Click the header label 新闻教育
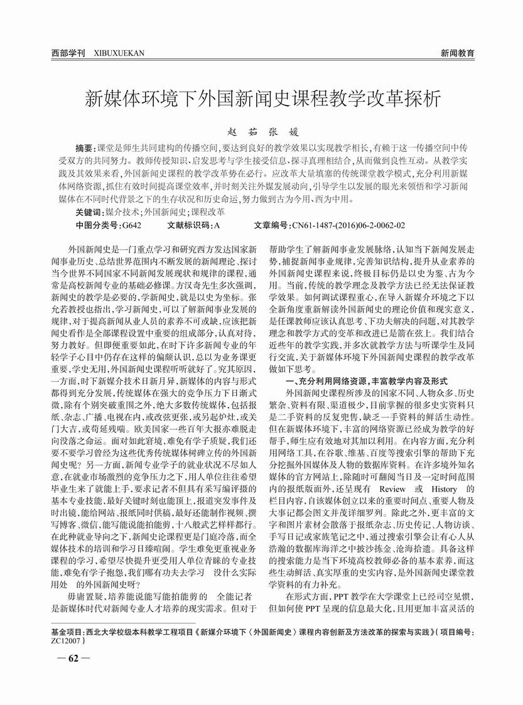(x=456, y=53)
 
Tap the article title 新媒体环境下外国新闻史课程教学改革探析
(x=262, y=99)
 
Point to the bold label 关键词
(x=89, y=212)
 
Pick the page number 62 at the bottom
(x=73, y=658)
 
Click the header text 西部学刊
(x=68, y=53)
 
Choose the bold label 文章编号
(x=273, y=224)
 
